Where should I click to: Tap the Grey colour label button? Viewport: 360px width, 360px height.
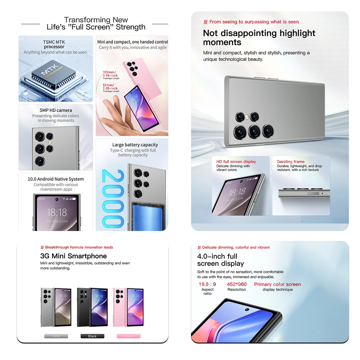[x=56, y=336]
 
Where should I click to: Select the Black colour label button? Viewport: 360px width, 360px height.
[x=92, y=336]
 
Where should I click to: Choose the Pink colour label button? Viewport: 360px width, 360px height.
[x=128, y=336]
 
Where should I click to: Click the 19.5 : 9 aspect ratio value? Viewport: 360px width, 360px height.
[x=207, y=284]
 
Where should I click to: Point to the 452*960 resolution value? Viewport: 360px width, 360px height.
[x=237, y=284]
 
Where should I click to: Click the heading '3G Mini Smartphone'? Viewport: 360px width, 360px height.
[x=73, y=256]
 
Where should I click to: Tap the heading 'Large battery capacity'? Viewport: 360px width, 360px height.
[x=135, y=145]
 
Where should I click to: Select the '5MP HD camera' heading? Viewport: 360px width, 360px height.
[x=56, y=110]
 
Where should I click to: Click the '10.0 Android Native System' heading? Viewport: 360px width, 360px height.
[x=56, y=179]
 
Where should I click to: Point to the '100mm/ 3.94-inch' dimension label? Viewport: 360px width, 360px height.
[x=110, y=74]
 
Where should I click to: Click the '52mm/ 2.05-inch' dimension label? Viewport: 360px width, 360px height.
[x=110, y=87]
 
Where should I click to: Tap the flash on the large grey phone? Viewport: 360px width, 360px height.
[x=247, y=117]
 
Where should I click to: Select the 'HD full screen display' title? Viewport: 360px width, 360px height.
[x=236, y=161]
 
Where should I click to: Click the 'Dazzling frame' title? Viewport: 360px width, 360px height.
[x=290, y=161]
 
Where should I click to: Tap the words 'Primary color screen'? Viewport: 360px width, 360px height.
[x=277, y=284]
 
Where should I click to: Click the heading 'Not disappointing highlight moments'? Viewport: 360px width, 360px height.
[x=259, y=37]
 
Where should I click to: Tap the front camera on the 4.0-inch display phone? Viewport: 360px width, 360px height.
[x=247, y=309]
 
